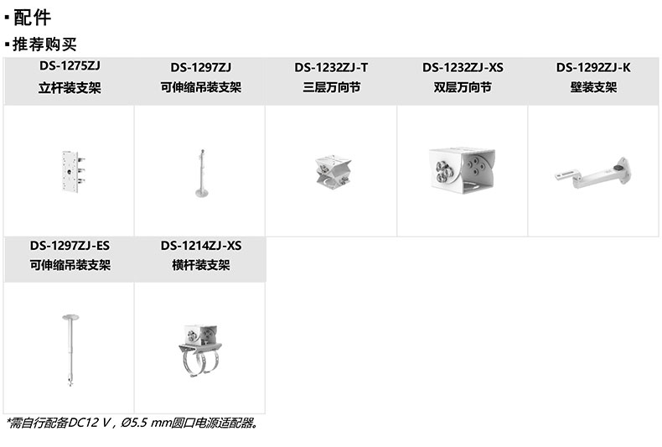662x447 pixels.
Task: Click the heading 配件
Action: click(x=32, y=18)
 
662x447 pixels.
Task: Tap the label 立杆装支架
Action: click(x=70, y=86)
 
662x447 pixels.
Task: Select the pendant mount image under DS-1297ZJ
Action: click(x=200, y=174)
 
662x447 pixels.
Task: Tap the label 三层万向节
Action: click(x=332, y=86)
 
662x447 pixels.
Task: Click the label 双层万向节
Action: click(x=463, y=86)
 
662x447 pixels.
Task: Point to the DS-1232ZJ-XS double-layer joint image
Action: click(x=462, y=171)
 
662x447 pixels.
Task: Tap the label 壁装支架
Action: click(x=593, y=86)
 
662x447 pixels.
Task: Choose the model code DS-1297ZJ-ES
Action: click(x=70, y=246)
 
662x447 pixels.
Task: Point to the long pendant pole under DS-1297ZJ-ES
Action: click(x=69, y=348)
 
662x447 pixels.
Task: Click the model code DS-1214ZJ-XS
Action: click(x=200, y=246)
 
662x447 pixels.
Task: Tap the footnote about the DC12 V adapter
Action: click(x=132, y=423)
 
